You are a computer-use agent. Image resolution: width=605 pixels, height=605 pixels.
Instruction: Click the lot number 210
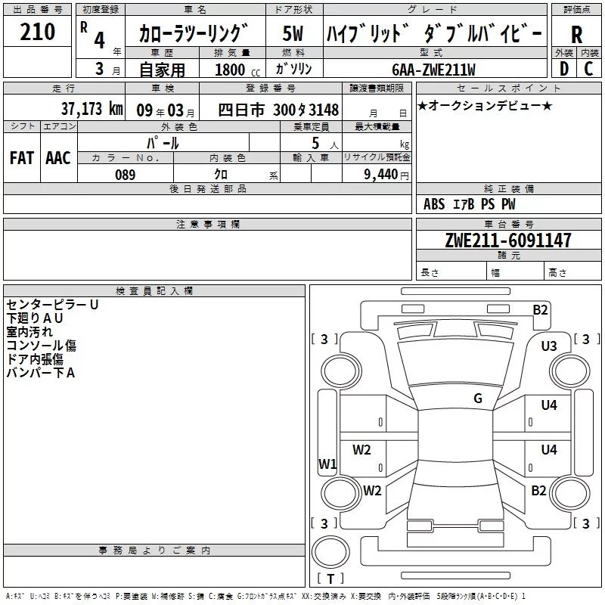pyautogui.click(x=37, y=32)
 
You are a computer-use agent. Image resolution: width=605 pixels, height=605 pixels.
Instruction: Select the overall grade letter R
pyautogui.click(x=576, y=34)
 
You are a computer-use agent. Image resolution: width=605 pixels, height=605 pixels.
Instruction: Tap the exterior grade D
pyautogui.click(x=563, y=69)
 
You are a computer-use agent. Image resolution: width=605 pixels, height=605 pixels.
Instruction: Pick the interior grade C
pyautogui.click(x=588, y=69)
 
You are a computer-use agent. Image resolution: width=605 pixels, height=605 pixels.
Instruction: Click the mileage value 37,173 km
pyautogui.click(x=92, y=109)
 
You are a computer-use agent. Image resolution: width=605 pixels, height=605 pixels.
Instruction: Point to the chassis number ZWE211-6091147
pyautogui.click(x=508, y=240)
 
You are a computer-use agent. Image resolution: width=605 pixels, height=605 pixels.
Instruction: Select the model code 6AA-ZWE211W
pyautogui.click(x=433, y=70)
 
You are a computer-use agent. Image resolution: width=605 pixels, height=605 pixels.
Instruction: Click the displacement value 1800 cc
pyautogui.click(x=237, y=70)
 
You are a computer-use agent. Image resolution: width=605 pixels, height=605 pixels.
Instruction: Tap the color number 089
pyautogui.click(x=126, y=175)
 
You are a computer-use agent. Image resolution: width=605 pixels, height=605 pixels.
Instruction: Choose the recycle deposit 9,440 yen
pyautogui.click(x=386, y=175)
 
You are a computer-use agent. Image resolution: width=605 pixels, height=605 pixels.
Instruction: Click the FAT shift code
pyautogui.click(x=22, y=158)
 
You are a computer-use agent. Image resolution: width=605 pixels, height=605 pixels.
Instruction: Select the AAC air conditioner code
pyautogui.click(x=58, y=158)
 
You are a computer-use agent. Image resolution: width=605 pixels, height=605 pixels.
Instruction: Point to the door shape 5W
pyautogui.click(x=293, y=33)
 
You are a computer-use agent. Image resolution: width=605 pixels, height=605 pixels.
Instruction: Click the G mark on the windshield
pyautogui.click(x=478, y=398)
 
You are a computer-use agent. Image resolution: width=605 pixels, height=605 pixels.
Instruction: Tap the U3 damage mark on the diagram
pyautogui.click(x=549, y=346)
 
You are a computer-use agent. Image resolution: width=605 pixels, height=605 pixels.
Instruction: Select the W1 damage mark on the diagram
pyautogui.click(x=327, y=464)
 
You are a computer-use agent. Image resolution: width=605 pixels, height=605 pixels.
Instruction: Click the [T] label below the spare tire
pyautogui.click(x=330, y=579)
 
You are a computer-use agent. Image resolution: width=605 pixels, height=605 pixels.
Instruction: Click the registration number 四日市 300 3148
pyautogui.click(x=278, y=110)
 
